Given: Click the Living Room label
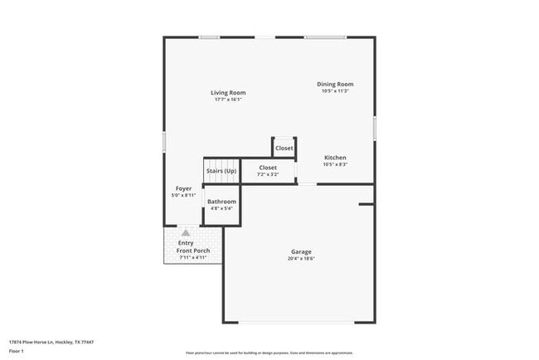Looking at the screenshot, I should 227,92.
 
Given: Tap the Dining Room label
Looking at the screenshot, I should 335,84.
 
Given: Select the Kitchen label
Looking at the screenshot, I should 335,158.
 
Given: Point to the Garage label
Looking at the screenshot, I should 300,251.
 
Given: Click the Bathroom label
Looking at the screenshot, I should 221,202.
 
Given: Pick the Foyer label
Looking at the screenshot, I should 183,188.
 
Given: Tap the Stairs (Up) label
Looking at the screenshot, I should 221,171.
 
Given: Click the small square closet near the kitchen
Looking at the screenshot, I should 284,148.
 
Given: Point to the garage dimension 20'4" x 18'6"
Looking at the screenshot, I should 300,259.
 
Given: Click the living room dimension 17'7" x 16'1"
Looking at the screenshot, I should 227,100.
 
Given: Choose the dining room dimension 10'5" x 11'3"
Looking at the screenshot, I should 335,91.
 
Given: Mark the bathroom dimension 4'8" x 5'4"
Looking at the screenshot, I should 221,209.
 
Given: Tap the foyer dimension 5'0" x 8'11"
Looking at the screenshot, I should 183,196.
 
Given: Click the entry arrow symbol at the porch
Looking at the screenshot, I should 186,233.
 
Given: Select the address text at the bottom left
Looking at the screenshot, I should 51,342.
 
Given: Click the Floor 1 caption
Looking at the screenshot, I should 17,352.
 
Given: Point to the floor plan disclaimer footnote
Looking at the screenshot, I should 269,352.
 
